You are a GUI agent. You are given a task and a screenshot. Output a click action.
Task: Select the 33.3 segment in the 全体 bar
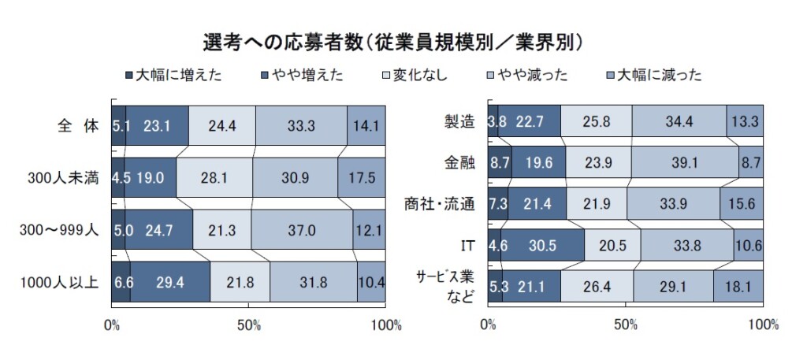301,124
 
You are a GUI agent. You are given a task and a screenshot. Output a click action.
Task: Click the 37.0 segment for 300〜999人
302,230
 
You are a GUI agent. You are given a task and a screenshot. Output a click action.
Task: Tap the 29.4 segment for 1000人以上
170,282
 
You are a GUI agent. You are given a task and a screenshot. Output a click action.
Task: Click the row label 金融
459,164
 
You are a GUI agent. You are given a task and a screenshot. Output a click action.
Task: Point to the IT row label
467,245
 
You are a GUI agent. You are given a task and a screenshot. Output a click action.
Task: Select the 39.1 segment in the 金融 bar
685,164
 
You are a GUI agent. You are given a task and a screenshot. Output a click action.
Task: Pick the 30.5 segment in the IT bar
542,245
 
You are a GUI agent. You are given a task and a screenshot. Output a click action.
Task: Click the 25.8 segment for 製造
596,122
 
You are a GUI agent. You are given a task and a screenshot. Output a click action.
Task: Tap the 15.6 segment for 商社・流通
741,205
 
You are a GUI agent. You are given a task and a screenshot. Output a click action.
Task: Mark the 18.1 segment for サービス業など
738,285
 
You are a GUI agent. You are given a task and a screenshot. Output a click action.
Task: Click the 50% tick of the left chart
249,324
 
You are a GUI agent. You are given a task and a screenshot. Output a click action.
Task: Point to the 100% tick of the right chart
762,324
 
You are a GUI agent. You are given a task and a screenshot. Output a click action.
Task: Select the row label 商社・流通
445,205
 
